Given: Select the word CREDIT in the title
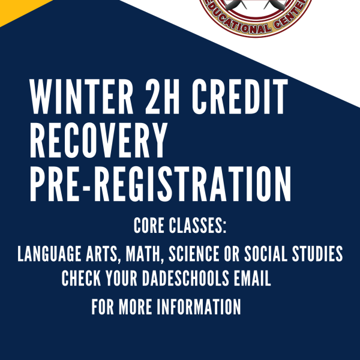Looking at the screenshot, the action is coord(240,97).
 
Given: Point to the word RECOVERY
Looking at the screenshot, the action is coord(98,140).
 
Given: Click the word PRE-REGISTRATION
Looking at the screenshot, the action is coord(160,184).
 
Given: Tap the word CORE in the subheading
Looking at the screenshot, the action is coord(149,226).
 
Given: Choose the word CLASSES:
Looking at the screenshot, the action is coord(197,226).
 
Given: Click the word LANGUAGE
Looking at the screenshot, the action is coord(49,254).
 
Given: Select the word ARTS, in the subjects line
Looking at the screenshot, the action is coord(101,254).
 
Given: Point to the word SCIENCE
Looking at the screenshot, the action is coord(194,254).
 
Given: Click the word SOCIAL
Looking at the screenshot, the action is coord(265,254).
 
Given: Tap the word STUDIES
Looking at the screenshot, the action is coord(317,254).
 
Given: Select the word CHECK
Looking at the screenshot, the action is coord(81,278).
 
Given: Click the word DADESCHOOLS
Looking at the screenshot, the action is coord(185,278).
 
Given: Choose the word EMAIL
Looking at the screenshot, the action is coord(253,278).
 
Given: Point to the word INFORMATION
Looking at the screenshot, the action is coord(199,307).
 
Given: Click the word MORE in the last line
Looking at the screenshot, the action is coord(135,307).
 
